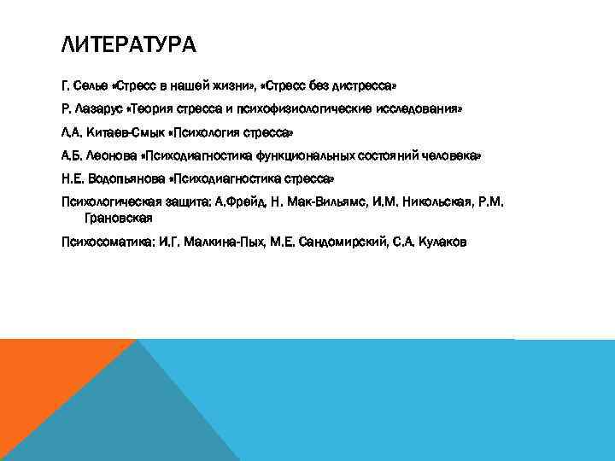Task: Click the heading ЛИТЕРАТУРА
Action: pos(129,44)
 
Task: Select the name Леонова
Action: pos(109,157)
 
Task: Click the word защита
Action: pos(184,202)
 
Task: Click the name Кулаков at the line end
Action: pos(439,242)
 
